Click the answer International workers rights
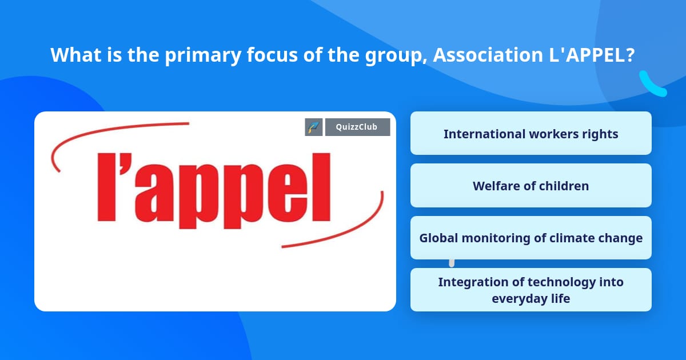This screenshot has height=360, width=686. (x=531, y=134)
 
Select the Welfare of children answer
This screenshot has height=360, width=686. (x=531, y=186)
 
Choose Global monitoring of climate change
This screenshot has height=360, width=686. (x=531, y=238)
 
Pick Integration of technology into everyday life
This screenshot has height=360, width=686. (x=531, y=290)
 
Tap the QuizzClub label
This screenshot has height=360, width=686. (x=357, y=127)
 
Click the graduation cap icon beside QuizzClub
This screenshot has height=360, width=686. (x=314, y=127)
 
